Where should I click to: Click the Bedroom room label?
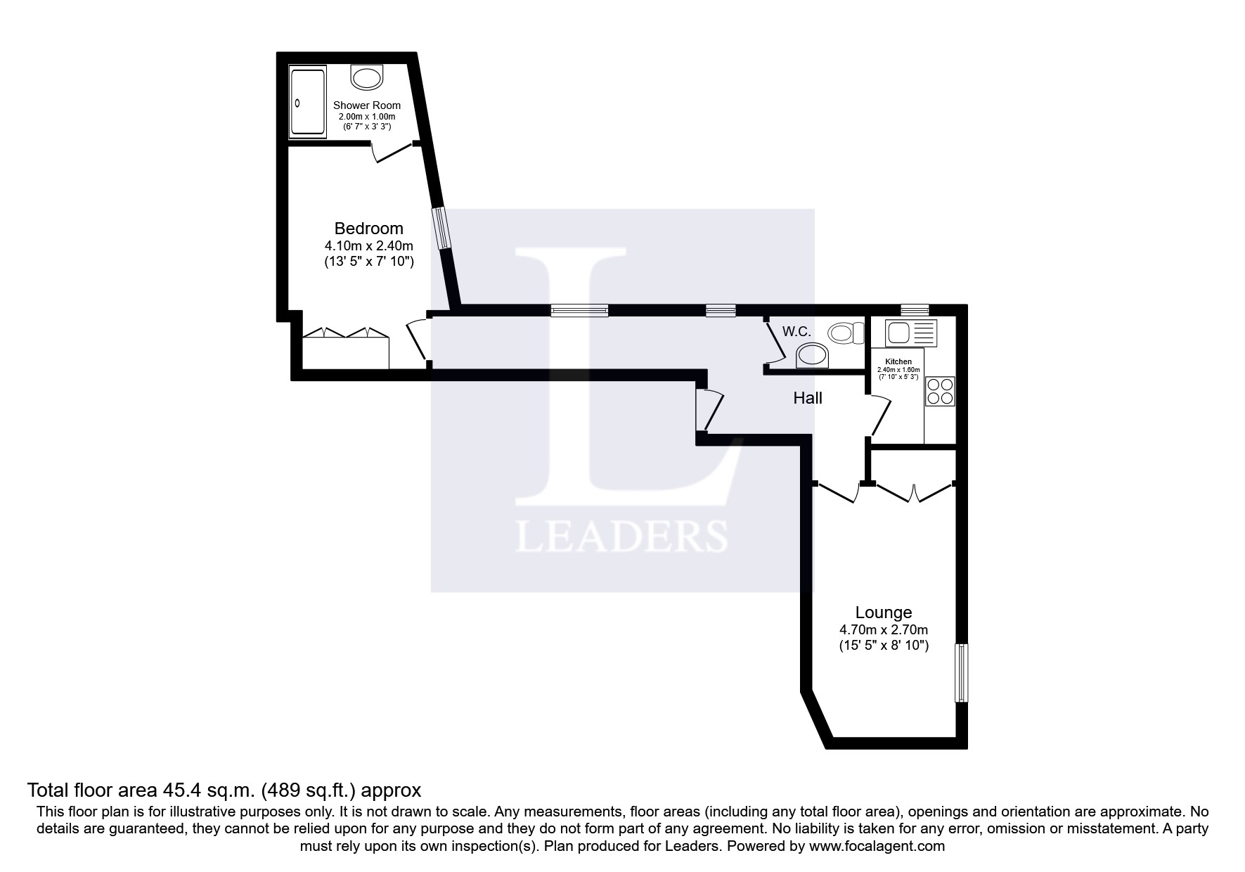[x=368, y=229]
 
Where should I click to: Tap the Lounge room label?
[x=884, y=612]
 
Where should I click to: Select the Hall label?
[x=808, y=398]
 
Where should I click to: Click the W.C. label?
[x=796, y=331]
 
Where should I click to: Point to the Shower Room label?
[x=367, y=105]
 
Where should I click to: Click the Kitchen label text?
[x=898, y=361]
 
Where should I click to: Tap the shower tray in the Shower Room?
[x=308, y=103]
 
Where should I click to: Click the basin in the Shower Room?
[x=367, y=77]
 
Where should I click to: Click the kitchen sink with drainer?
[x=912, y=333]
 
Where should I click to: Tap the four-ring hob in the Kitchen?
[x=940, y=391]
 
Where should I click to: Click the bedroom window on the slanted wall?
[x=441, y=228]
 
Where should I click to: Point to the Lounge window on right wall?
[x=961, y=672]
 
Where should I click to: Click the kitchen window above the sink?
[x=915, y=309]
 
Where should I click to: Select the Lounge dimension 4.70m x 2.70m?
[x=884, y=630]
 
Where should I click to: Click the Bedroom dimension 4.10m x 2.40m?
[x=368, y=246]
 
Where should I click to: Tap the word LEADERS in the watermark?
[x=621, y=537]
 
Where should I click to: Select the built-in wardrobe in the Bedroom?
[x=345, y=352]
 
